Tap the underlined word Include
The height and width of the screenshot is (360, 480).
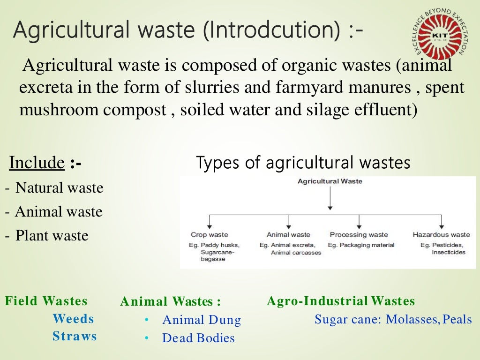point(37,163)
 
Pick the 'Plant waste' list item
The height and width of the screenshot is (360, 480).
point(52,235)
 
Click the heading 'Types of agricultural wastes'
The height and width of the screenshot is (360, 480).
point(303,163)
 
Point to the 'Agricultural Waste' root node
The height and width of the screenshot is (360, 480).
point(330,181)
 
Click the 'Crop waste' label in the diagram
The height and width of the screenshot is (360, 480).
point(209,234)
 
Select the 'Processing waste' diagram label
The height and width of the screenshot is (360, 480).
point(359,234)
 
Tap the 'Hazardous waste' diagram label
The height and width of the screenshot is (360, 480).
point(441,234)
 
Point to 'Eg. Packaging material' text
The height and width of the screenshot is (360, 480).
point(361,245)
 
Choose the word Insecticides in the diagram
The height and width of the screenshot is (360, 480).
point(449,252)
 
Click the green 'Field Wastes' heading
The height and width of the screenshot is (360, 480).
point(46,301)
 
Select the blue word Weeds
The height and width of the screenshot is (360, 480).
point(73,319)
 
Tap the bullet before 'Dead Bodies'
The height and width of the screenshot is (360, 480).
point(147,338)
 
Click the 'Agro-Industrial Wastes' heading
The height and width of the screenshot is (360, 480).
point(341,301)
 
